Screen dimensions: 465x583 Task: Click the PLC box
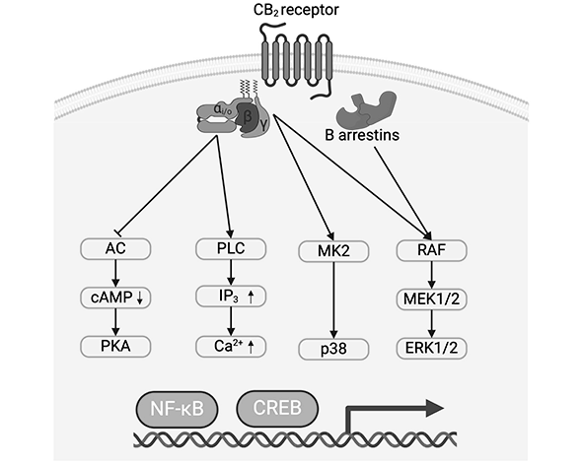[231, 251]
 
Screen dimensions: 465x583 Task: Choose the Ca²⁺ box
[231, 345]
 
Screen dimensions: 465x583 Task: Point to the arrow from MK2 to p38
[332, 300]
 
